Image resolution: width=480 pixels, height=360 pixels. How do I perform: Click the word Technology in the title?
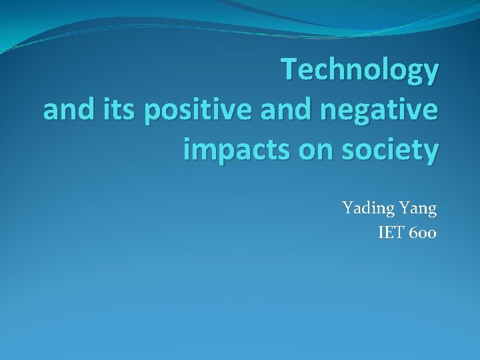360,71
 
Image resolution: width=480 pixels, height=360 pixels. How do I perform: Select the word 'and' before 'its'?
65,111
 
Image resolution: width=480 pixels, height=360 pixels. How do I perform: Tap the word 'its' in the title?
109,111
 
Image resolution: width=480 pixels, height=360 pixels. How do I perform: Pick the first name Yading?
367,209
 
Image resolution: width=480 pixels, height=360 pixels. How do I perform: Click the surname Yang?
417,209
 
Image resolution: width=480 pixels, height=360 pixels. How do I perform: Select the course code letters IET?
391,233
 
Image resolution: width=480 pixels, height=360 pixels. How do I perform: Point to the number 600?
422,233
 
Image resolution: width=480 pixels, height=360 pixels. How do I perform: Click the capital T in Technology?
288,69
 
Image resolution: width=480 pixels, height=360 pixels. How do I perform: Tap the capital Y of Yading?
347,208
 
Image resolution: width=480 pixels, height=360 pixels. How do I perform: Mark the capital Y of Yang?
403,208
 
